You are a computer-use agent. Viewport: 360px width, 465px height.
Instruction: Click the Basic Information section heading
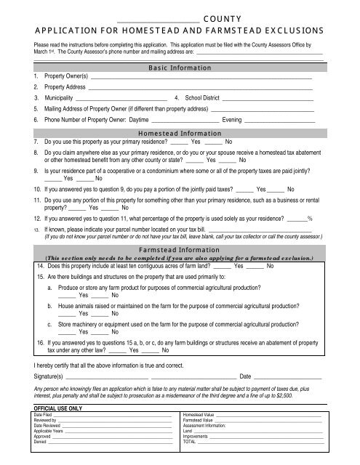(x=180, y=68)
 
